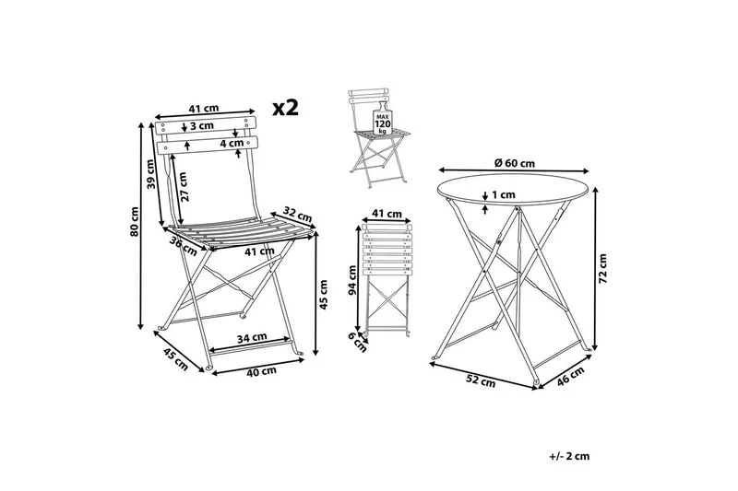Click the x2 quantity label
(x=286, y=108)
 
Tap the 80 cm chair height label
(x=136, y=221)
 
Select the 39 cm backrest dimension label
(x=150, y=174)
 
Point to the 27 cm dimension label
(x=183, y=186)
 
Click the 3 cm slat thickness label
(x=202, y=126)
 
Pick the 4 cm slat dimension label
(x=232, y=143)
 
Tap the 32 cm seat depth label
(x=297, y=215)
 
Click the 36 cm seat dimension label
(x=183, y=246)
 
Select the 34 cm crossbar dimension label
(x=252, y=337)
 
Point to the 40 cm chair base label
(x=261, y=370)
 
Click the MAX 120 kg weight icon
(x=383, y=123)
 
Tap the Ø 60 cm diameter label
(x=515, y=163)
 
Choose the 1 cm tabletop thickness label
(x=503, y=194)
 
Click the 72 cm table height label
(x=603, y=268)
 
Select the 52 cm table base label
(x=481, y=380)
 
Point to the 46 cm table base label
(x=570, y=376)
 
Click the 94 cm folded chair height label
(x=351, y=280)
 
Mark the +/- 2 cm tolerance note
(x=569, y=456)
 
